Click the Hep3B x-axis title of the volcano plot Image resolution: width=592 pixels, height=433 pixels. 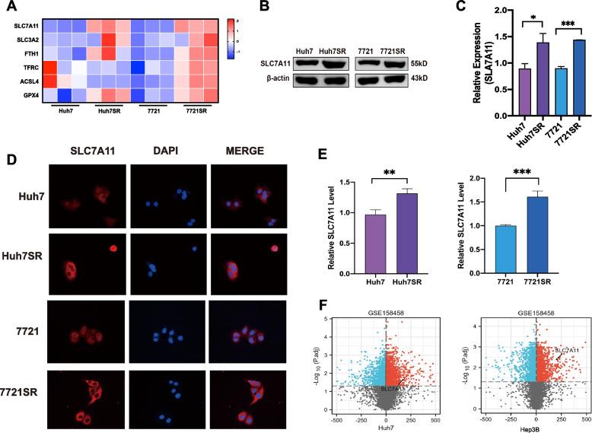point(536,428)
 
